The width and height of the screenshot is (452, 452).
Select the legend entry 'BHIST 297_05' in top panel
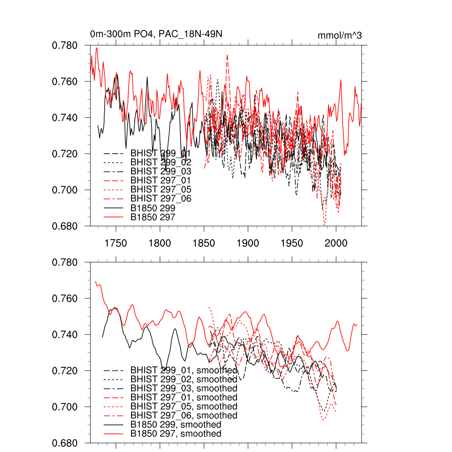click(x=161, y=189)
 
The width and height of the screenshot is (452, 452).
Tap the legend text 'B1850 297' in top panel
click(x=153, y=217)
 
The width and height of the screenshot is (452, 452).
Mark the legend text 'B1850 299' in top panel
click(x=153, y=207)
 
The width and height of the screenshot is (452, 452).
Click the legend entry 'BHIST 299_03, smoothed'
click(x=184, y=388)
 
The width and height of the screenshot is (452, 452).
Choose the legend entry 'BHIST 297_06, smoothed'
click(x=184, y=415)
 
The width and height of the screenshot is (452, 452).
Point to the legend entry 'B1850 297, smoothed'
click(x=176, y=434)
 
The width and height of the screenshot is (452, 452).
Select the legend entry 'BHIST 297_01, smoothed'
click(x=184, y=397)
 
